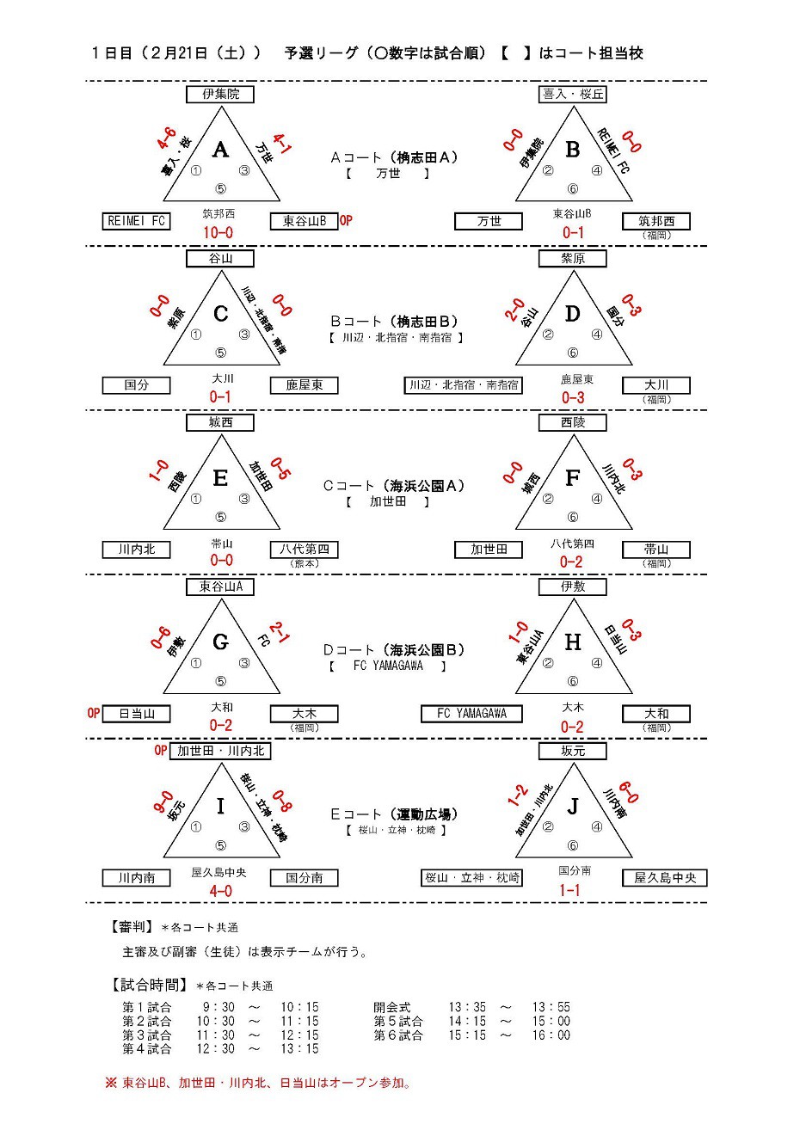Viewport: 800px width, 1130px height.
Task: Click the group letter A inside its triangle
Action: [220, 150]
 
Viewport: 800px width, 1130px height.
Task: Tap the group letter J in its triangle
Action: [572, 807]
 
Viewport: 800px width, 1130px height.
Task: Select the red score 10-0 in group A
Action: [218, 233]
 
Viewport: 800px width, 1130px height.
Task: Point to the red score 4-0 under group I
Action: [220, 891]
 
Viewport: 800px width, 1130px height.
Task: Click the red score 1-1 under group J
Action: [570, 891]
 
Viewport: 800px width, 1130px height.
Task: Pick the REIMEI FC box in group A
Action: [136, 221]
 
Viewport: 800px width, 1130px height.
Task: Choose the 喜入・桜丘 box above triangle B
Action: [573, 95]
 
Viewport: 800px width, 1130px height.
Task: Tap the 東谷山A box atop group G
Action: [221, 587]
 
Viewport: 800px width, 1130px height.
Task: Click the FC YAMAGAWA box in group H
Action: [471, 714]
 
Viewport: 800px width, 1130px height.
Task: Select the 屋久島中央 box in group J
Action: [665, 878]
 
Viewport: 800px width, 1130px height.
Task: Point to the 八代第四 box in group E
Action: [305, 550]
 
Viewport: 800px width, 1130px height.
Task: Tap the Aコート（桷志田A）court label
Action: [394, 157]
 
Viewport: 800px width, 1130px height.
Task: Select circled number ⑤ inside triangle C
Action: [220, 353]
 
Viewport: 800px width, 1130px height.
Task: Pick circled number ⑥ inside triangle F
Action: [573, 517]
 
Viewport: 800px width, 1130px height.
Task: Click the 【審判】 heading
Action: [132, 927]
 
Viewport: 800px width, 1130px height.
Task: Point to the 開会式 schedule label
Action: [392, 1007]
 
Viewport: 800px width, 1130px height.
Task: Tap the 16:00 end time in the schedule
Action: [551, 1035]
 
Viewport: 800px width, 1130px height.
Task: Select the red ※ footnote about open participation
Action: [258, 1083]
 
